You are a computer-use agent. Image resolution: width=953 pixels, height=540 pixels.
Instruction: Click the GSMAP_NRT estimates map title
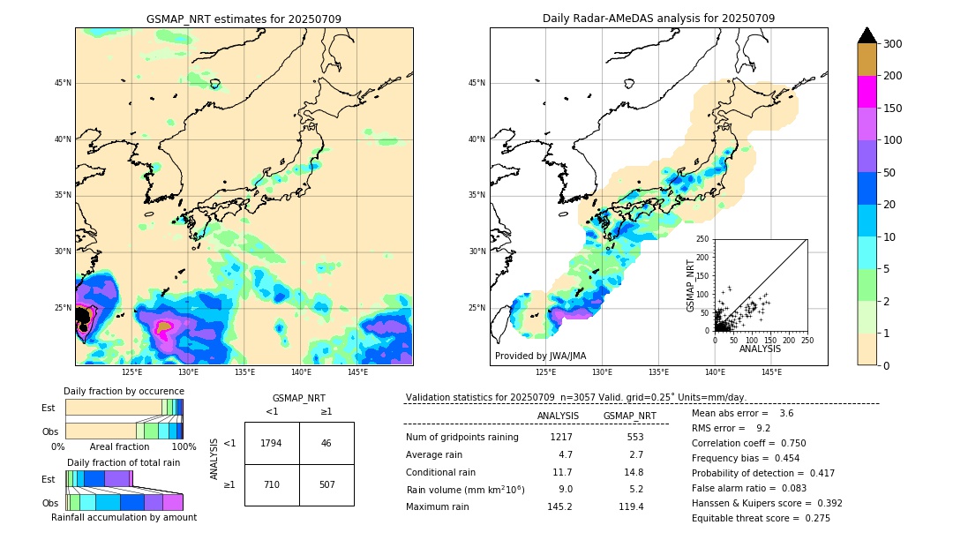(244, 19)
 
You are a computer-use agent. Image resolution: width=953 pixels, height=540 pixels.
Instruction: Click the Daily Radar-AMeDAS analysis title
(658, 19)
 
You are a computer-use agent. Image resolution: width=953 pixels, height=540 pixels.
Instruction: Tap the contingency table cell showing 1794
(272, 443)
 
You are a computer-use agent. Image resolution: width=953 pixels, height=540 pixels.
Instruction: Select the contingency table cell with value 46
(326, 443)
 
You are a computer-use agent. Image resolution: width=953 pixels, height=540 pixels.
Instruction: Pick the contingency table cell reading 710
(272, 484)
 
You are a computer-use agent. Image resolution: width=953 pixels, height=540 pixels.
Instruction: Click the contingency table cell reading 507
(326, 484)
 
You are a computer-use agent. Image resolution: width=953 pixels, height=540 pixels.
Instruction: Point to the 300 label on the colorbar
(893, 44)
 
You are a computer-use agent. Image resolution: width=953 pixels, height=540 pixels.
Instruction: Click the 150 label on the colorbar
(893, 109)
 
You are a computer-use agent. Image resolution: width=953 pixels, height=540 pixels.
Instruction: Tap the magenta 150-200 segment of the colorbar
(867, 92)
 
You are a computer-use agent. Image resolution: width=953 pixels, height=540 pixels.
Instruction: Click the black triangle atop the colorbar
(867, 35)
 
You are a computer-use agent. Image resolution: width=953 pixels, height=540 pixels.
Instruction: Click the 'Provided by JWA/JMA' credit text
(540, 356)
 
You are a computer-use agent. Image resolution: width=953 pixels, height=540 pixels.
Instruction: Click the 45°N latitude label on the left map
(63, 83)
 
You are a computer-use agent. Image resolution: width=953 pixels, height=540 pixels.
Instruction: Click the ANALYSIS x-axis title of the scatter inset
(760, 349)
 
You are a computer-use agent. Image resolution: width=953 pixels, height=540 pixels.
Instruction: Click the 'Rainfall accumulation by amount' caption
(124, 518)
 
